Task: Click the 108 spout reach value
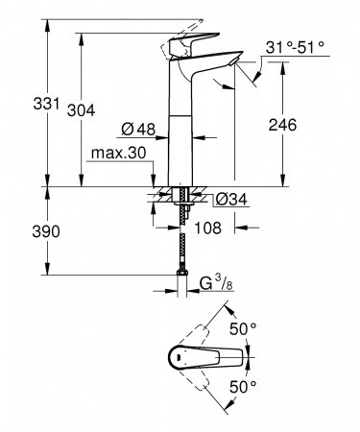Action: (206, 228)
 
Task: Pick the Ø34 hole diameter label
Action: (228, 200)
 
